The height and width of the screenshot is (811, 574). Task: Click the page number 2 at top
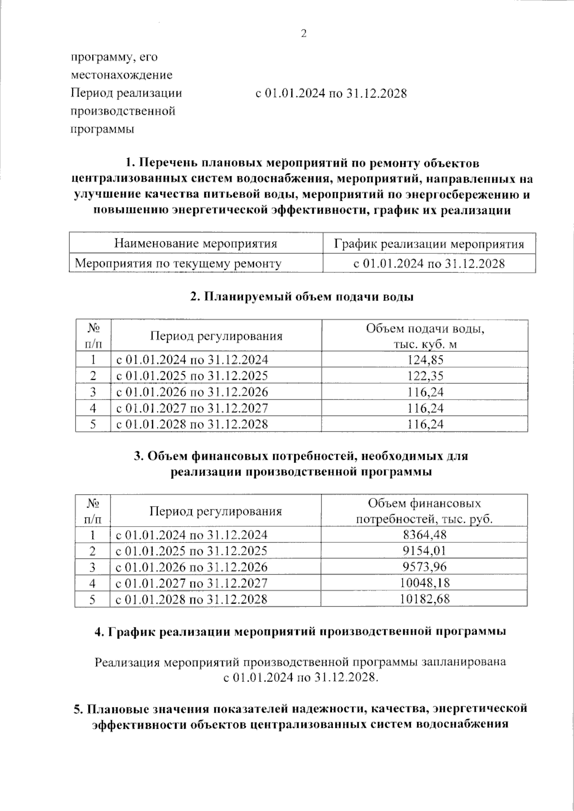click(302, 33)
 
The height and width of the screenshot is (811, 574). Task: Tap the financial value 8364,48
click(425, 535)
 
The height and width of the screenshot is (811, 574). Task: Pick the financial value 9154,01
click(425, 551)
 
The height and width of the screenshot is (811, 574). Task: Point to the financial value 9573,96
click(425, 567)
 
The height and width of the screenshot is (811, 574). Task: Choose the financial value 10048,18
click(425, 583)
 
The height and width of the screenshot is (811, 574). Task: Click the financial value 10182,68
click(425, 599)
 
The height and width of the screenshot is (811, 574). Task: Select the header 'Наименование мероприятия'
click(196, 244)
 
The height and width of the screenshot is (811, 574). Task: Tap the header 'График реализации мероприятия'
click(429, 244)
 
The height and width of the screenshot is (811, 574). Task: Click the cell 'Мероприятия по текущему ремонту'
click(178, 263)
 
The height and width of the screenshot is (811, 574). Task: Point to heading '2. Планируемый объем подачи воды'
click(301, 297)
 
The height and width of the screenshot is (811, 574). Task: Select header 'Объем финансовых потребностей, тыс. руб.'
click(424, 511)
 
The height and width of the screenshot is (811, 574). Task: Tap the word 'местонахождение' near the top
click(121, 75)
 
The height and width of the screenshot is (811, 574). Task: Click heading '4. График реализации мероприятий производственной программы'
click(301, 631)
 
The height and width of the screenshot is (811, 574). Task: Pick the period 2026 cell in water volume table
click(192, 392)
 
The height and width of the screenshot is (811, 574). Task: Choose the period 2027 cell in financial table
click(191, 583)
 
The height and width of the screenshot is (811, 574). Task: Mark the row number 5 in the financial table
click(93, 599)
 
